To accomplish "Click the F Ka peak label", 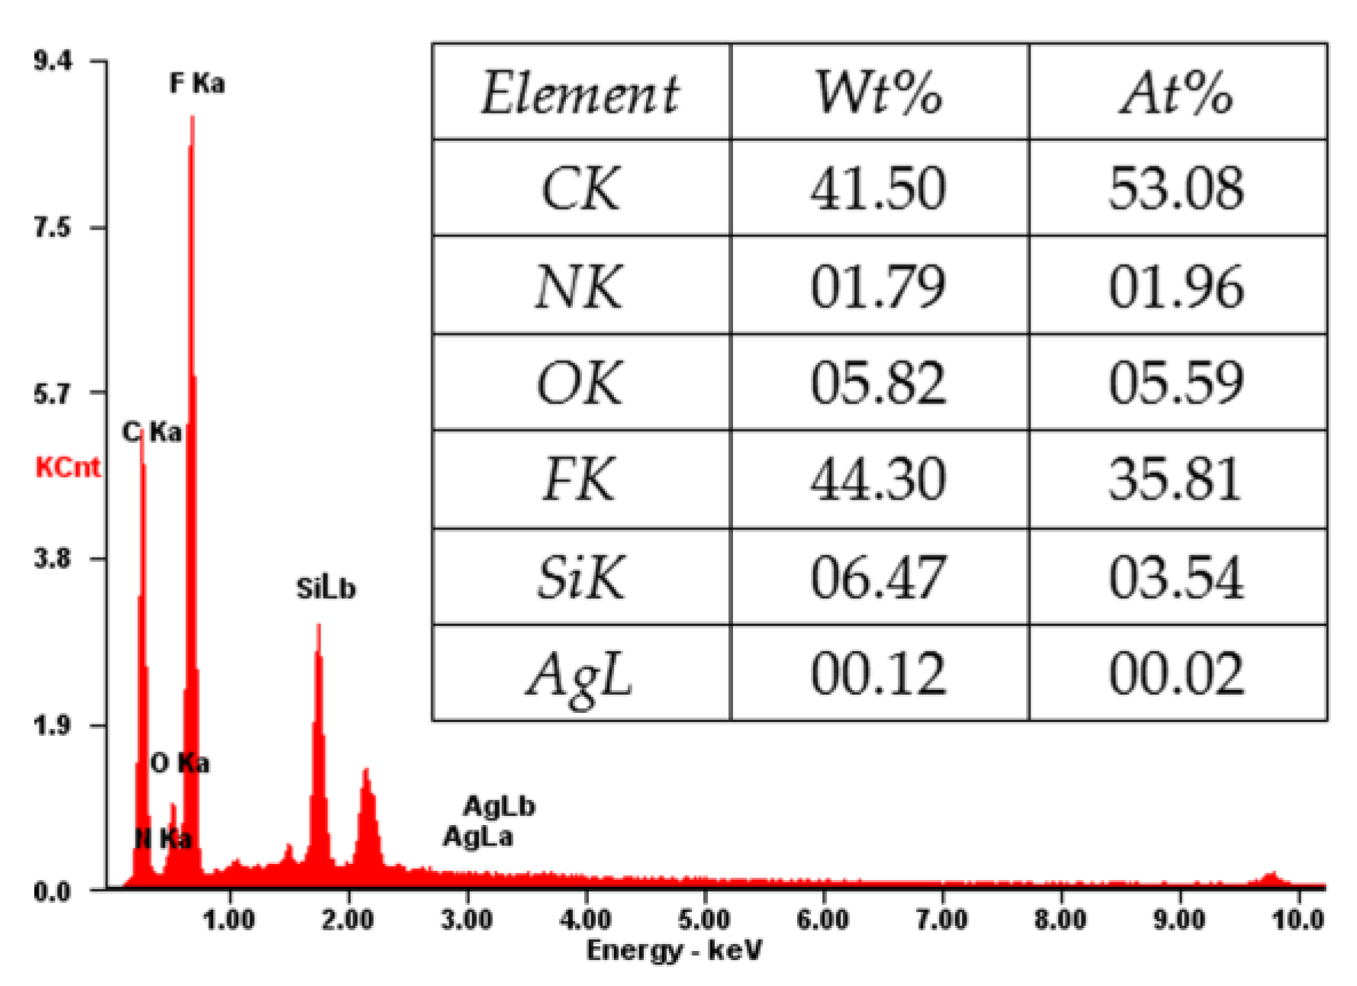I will point(198,82).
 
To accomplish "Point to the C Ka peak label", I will point(153,432).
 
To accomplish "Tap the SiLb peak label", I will point(326,589).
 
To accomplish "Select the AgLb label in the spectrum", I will point(500,806).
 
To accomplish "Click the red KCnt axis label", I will point(67,467).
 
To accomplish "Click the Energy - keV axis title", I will point(674,950).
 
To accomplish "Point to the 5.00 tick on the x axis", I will point(704,920).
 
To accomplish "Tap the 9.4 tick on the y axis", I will point(53,60).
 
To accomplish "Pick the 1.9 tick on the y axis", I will point(53,725).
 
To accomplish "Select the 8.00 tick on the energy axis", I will point(1060,920).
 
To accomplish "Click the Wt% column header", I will point(879,93).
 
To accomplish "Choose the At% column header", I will point(1177,93).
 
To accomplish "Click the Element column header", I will point(580,93).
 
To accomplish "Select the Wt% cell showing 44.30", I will point(879,480).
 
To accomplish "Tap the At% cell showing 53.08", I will point(1177,188).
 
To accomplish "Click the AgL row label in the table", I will point(580,675).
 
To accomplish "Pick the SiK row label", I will point(580,577).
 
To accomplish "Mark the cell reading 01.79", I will point(879,287).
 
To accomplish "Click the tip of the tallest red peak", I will point(192,117).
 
